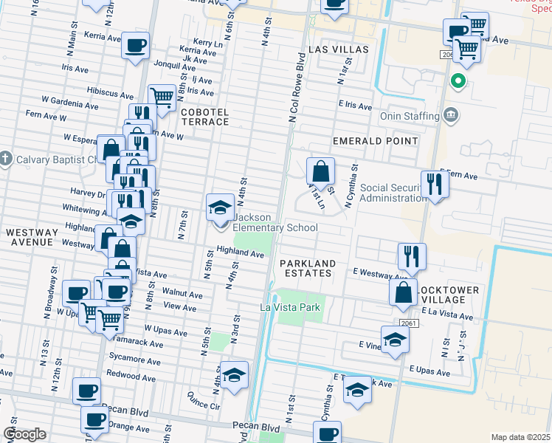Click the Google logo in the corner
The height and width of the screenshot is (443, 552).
pos(24,434)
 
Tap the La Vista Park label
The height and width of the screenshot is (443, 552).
pos(291,307)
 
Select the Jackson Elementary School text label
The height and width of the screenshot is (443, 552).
pos(275,223)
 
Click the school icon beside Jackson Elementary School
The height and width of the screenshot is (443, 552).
pos(220,208)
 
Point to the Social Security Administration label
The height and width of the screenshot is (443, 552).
pos(384,193)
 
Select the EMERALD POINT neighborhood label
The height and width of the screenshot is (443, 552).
pos(375,140)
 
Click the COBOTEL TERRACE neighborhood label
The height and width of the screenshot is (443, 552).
pos(205,117)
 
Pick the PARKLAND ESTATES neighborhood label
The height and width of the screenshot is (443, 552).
pos(307,269)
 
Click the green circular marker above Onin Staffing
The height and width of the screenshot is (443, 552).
pos(458,80)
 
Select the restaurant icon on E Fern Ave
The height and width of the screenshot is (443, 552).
pos(433,185)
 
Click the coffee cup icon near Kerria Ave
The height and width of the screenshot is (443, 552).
pos(135,46)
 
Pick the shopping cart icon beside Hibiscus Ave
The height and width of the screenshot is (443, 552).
pos(161,97)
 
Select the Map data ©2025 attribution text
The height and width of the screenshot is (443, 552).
pos(521,437)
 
